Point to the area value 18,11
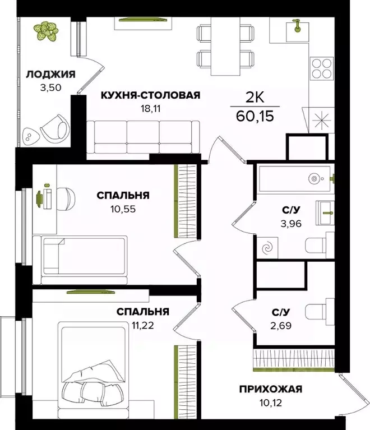(x=150, y=108)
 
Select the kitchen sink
(x=295, y=28)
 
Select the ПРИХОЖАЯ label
(x=271, y=389)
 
